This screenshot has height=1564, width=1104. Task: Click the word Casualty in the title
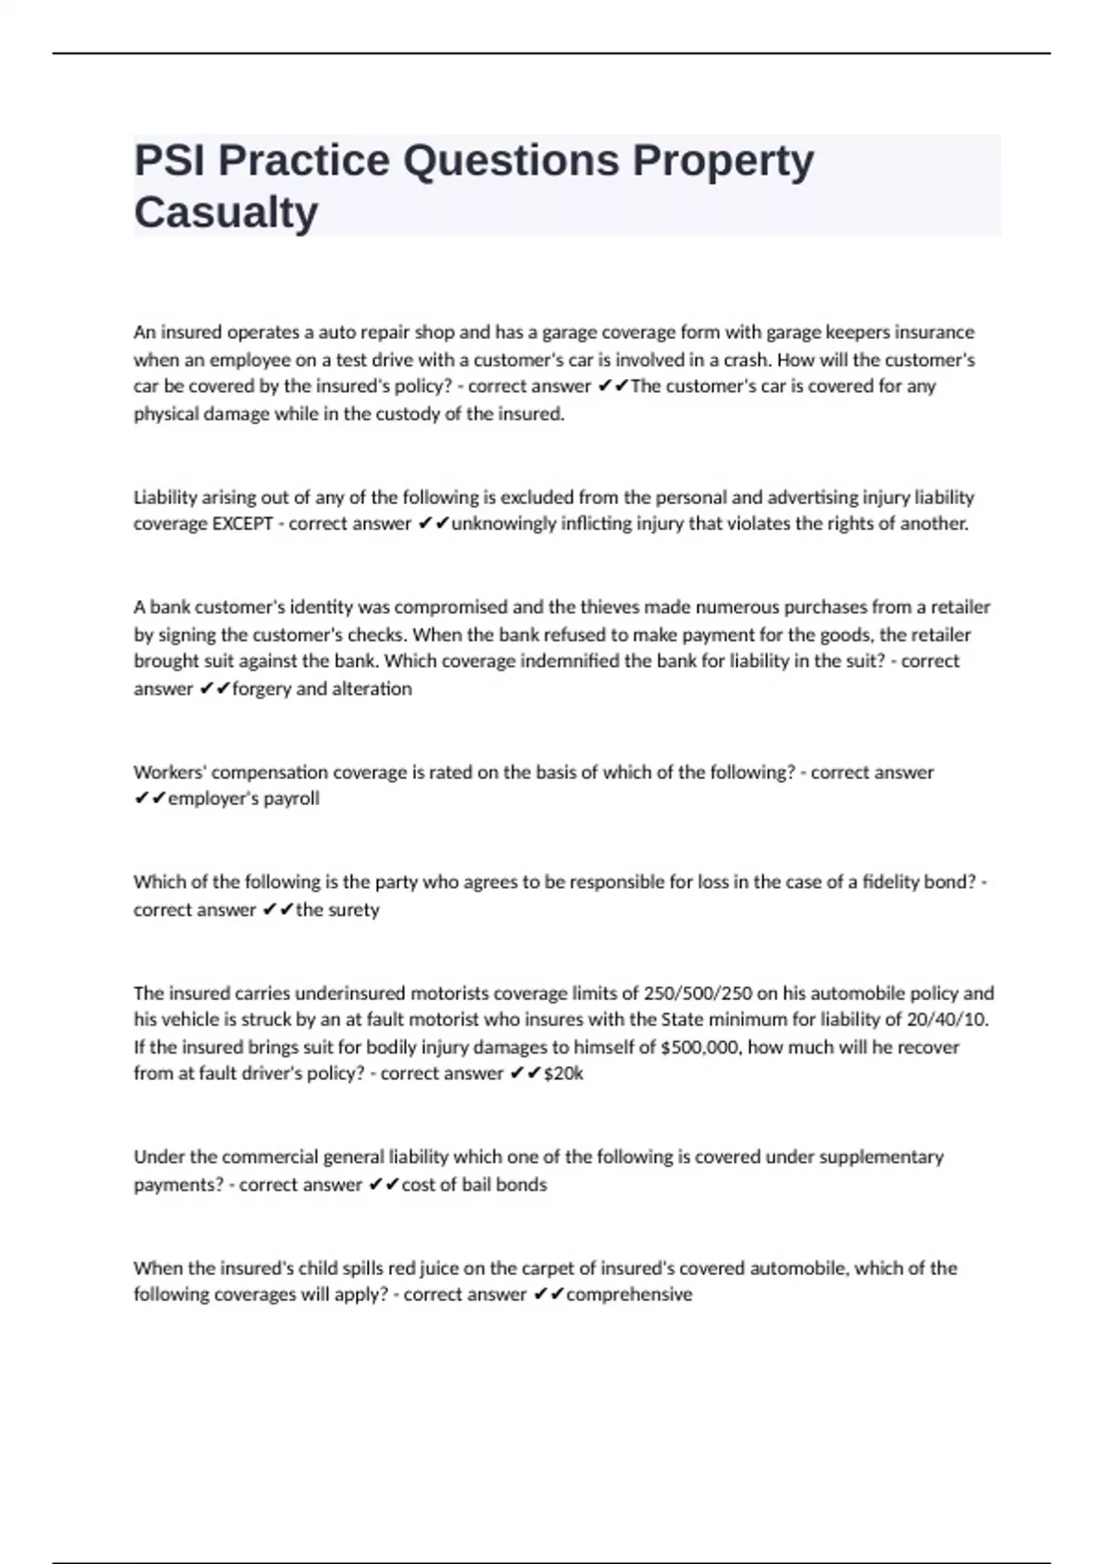pos(226,213)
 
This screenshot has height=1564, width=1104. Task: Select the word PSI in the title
pos(170,161)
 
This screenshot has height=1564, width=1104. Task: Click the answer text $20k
pos(563,1074)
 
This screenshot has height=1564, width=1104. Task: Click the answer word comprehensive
pos(629,1294)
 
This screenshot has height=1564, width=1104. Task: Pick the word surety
pos(354,910)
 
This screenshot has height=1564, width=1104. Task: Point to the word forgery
pos(262,689)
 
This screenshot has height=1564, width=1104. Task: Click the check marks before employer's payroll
pos(149,799)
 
